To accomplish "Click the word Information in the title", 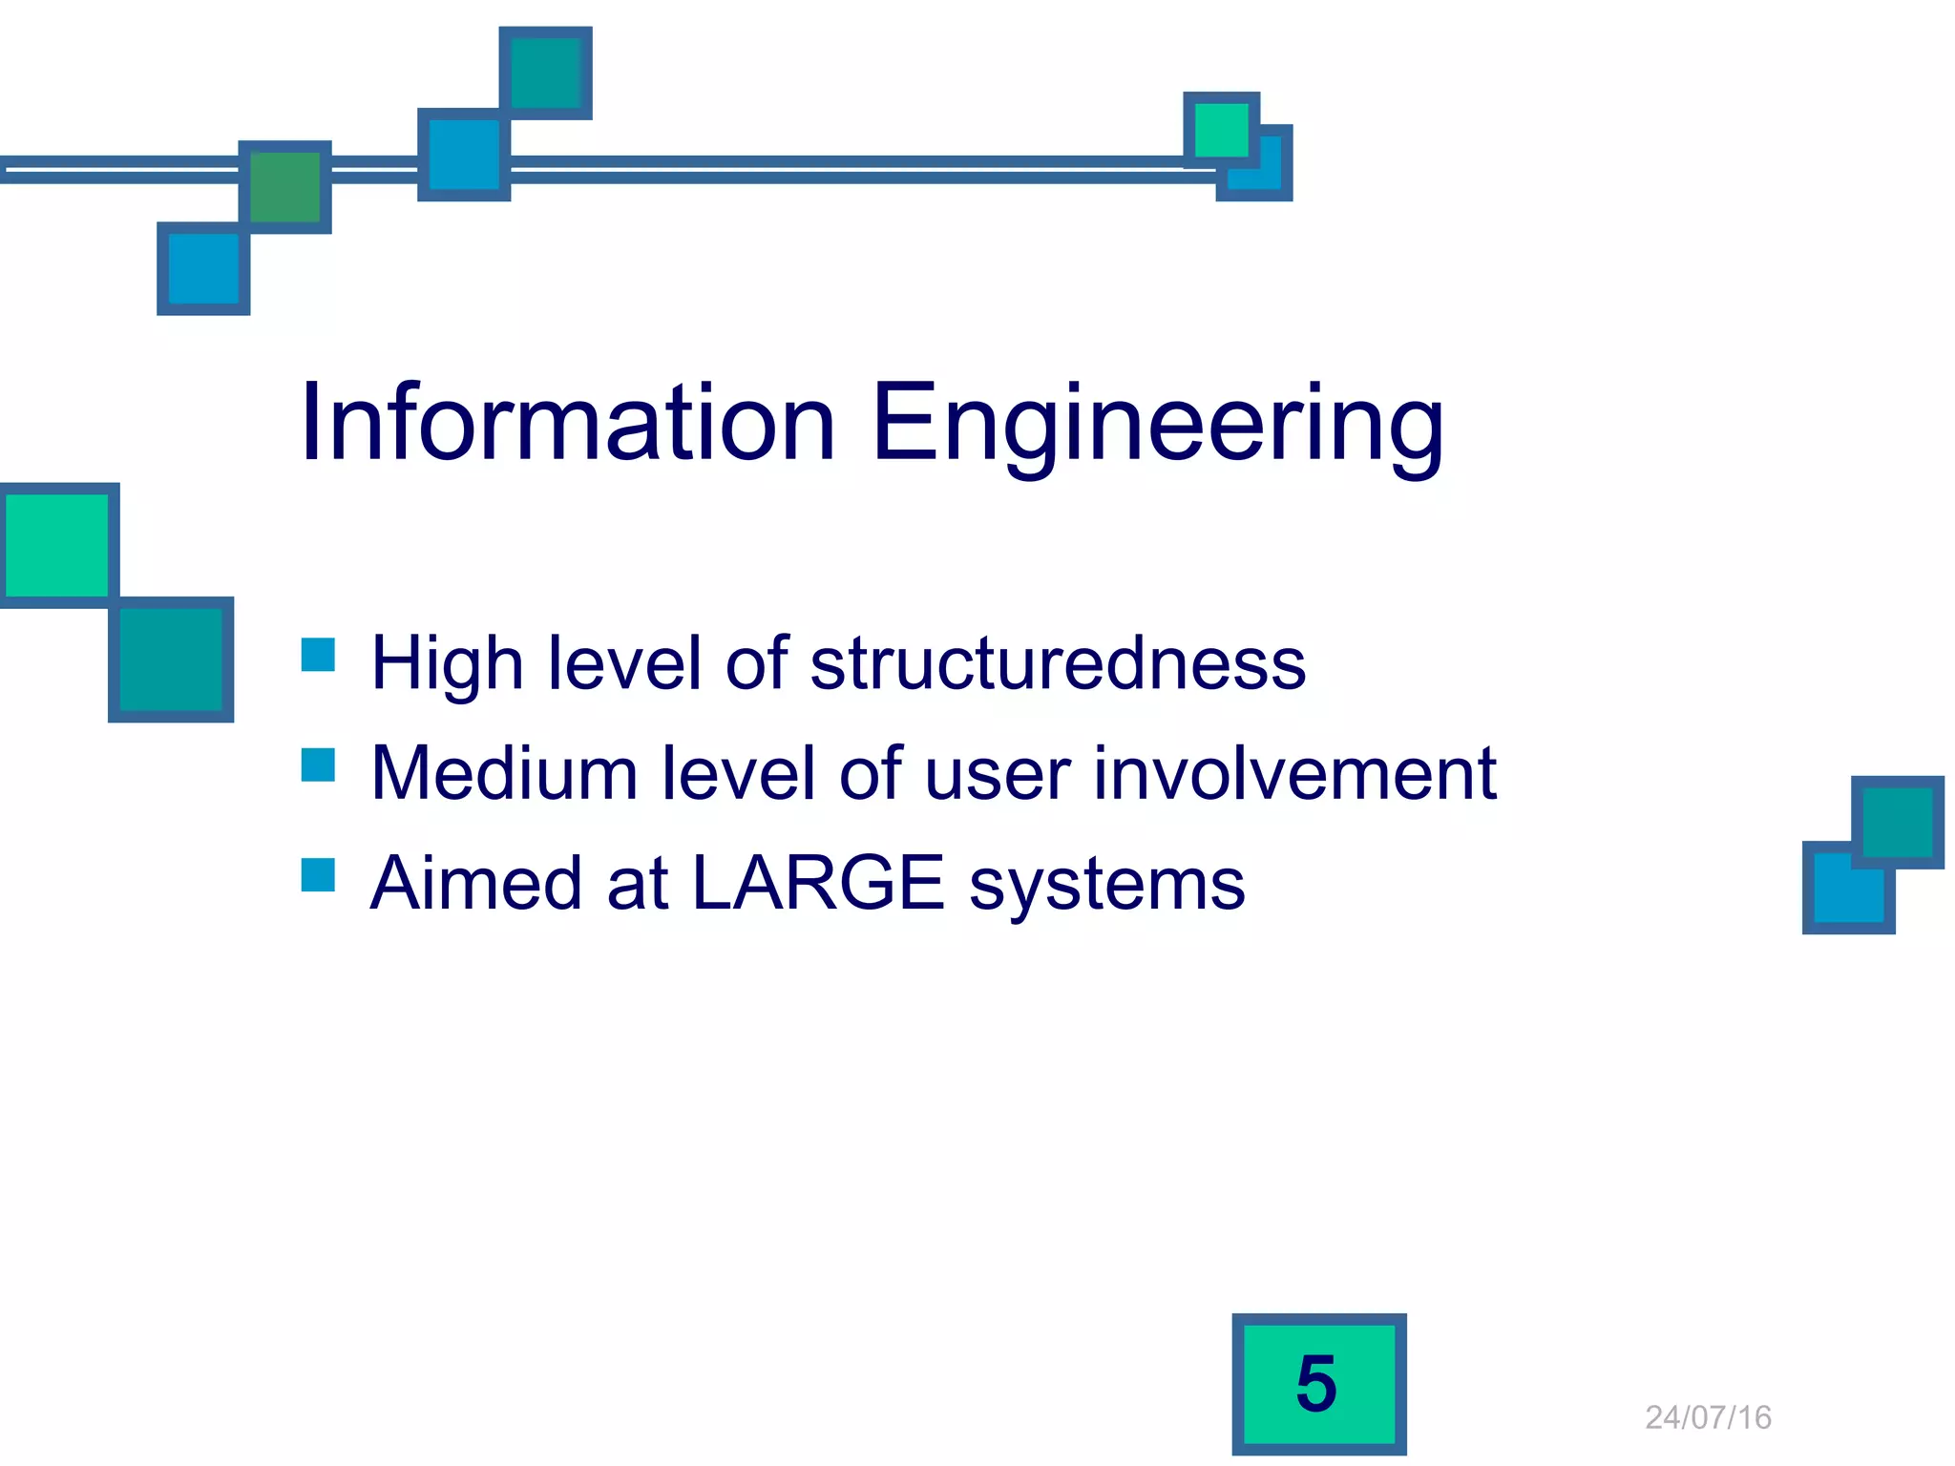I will pyautogui.click(x=568, y=423).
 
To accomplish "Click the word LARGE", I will pyautogui.click(x=817, y=883).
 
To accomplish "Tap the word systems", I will pyautogui.click(x=1107, y=885).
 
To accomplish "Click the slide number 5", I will pyautogui.click(x=1318, y=1383).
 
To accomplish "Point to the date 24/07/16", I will pyautogui.click(x=1708, y=1417).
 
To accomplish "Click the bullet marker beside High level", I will pyautogui.click(x=318, y=655).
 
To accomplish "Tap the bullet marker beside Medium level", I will pyautogui.click(x=318, y=764).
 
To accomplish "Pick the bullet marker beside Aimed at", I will pyautogui.click(x=318, y=874).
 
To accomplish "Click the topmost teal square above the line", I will pyautogui.click(x=546, y=73).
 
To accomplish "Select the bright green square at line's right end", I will pyautogui.click(x=1221, y=129).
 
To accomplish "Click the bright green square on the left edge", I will pyautogui.click(x=57, y=545).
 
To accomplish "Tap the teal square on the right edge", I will pyautogui.click(x=1897, y=821).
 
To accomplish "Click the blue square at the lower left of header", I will pyautogui.click(x=203, y=269).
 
